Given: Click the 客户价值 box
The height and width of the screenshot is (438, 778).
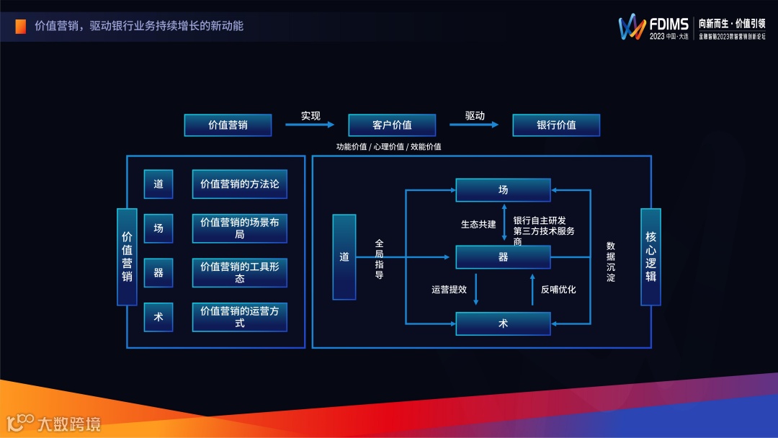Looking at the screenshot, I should (x=392, y=125).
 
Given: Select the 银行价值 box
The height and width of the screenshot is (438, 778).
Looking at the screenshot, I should (x=556, y=125).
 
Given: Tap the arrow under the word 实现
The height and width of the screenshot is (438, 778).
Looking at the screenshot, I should (x=310, y=125).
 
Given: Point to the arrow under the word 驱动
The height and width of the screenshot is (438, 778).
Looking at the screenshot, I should (x=474, y=125).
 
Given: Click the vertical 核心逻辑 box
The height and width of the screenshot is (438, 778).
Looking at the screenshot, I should (x=651, y=256).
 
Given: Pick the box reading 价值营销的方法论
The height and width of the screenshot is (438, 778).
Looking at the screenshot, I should (x=239, y=184).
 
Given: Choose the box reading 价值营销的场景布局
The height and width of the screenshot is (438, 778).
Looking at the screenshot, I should (x=239, y=228).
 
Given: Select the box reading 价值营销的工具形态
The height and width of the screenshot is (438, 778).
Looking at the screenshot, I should (x=239, y=272).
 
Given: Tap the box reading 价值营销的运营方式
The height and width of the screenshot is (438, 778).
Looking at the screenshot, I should (x=239, y=317).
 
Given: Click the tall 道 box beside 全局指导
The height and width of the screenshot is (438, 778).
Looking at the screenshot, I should (x=344, y=257).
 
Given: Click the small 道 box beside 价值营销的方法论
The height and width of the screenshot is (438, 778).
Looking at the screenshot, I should (x=158, y=184).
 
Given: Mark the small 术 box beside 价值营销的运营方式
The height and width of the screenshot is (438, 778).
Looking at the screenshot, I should (x=158, y=317).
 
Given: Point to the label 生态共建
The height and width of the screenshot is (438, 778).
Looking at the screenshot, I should (x=478, y=224).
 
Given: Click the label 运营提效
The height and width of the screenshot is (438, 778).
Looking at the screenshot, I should (x=450, y=290).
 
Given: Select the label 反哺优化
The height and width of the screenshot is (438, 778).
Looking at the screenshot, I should (x=558, y=290).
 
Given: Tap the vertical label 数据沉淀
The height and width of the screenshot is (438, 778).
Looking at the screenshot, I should (x=611, y=262).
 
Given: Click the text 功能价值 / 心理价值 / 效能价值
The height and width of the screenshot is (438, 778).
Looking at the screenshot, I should (x=388, y=147).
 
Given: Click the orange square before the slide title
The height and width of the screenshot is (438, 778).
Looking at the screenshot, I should (x=21, y=26).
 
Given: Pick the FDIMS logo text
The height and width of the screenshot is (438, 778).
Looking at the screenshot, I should (x=669, y=24).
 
